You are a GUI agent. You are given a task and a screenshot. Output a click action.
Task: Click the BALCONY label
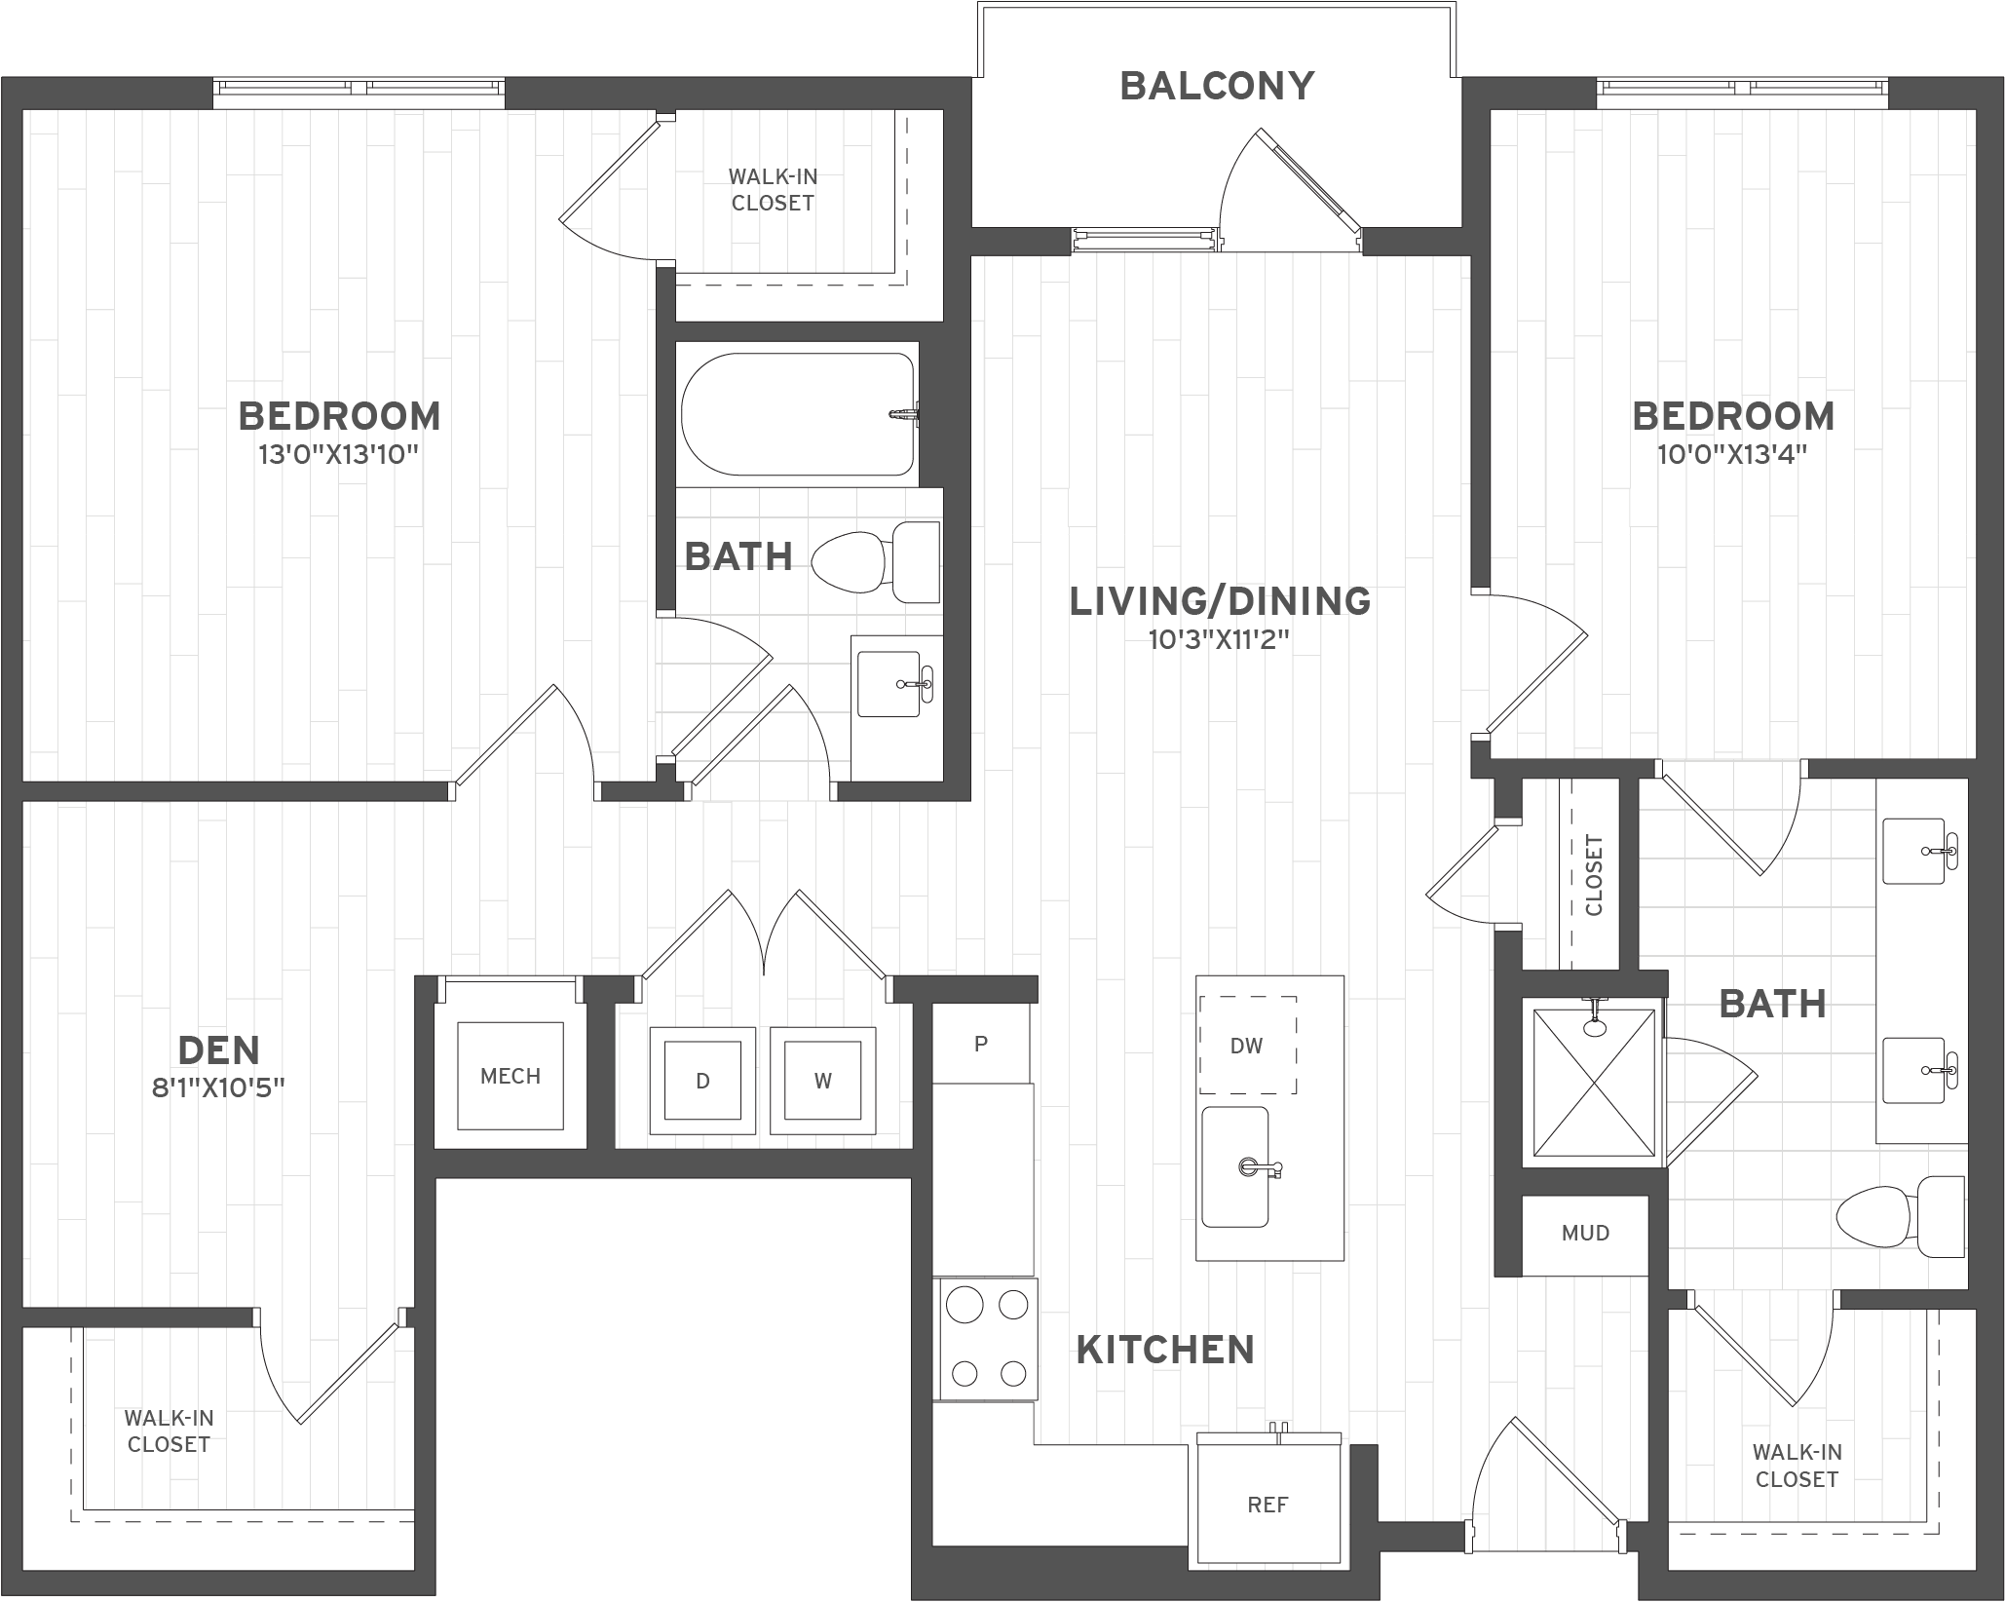[x=1217, y=86]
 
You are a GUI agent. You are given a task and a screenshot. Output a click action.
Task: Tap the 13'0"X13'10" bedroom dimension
[x=339, y=455]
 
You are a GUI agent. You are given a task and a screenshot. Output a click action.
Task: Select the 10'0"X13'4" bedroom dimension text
[x=1732, y=455]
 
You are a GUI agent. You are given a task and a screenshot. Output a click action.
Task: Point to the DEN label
[x=219, y=1050]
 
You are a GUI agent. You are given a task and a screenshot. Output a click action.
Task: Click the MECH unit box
[x=511, y=1076]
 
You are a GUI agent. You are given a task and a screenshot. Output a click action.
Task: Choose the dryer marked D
[x=702, y=1081]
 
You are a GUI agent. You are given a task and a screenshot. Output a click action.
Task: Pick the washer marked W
[x=822, y=1081]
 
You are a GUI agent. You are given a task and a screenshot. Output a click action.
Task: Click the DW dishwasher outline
[x=1247, y=1046]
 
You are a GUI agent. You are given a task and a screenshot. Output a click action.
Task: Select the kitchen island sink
[x=1235, y=1166]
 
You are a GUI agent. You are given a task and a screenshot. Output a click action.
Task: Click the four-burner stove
[x=988, y=1339]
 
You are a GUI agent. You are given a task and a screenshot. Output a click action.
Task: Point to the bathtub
[x=798, y=414]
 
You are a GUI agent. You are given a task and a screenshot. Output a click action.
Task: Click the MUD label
[x=1585, y=1234]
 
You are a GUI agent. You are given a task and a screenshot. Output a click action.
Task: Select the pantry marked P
[x=981, y=1044]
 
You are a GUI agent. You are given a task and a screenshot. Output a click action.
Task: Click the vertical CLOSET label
[x=1594, y=875]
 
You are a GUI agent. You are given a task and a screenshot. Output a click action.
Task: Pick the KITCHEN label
[x=1165, y=1351]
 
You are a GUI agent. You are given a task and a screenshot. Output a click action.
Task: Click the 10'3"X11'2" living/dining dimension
[x=1219, y=640]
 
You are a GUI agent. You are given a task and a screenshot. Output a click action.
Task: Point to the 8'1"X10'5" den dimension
[x=218, y=1087]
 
